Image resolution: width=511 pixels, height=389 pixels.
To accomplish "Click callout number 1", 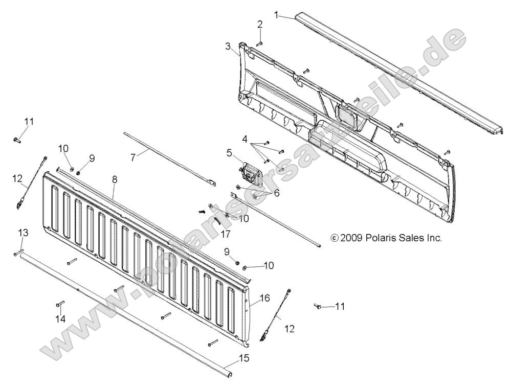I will [x=277, y=15].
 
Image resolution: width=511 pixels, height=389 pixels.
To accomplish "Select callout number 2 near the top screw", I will [x=260, y=24].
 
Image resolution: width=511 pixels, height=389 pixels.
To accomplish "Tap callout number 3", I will [x=228, y=46].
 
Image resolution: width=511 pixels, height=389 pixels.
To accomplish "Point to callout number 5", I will [x=229, y=152].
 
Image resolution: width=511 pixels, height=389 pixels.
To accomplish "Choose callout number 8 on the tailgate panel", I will [x=114, y=179].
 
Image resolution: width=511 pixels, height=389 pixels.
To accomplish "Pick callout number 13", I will [x=23, y=233].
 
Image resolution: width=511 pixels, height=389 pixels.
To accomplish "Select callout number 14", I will [x=60, y=319].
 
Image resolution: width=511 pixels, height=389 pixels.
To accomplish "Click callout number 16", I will [x=264, y=297].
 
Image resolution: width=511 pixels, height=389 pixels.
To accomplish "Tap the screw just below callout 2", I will [x=258, y=44].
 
